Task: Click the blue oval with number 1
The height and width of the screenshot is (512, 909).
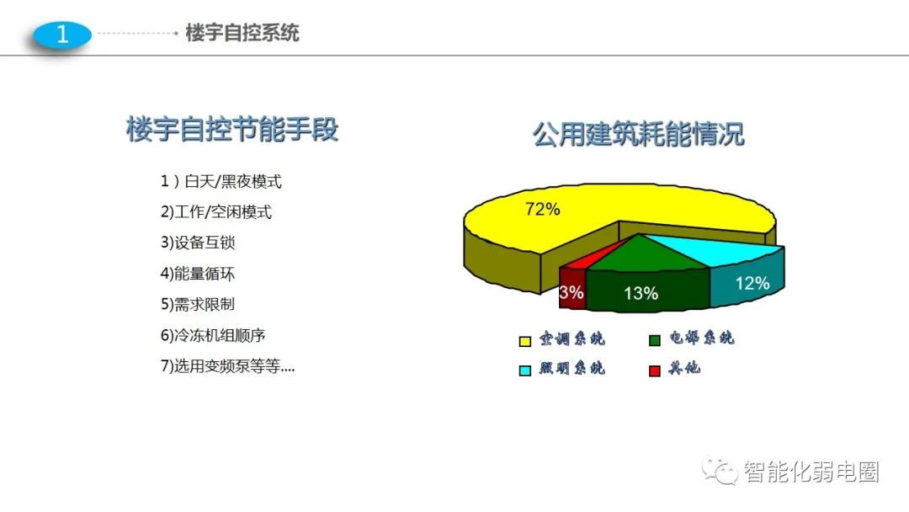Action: coord(62,35)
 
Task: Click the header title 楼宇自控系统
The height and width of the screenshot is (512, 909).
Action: coord(242,33)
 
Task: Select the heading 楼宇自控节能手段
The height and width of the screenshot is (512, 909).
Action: coord(232,129)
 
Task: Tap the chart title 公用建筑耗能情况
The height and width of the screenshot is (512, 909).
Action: coord(638,134)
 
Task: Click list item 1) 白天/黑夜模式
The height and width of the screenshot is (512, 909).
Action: coord(221,182)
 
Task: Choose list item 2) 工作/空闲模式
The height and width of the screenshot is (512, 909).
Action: coord(215,212)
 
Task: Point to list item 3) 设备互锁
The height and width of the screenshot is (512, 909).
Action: coord(198,243)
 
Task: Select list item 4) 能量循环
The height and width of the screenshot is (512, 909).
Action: coord(198,273)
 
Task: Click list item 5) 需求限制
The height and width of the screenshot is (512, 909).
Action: coord(198,304)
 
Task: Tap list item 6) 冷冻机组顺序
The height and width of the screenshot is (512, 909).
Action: coord(213,335)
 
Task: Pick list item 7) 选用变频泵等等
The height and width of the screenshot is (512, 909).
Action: coord(227,365)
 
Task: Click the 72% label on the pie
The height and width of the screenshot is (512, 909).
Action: coord(543,209)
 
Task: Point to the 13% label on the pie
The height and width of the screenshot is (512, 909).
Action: coord(641,293)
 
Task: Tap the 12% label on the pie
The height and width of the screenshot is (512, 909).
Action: coord(752,283)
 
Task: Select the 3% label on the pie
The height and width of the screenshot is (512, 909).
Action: coord(571,292)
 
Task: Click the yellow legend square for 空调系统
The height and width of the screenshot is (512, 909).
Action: coord(525,341)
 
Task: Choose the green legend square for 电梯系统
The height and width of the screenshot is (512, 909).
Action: coord(655,340)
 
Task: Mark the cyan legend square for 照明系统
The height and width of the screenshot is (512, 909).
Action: coord(525,371)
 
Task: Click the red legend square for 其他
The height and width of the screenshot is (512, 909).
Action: coord(655,371)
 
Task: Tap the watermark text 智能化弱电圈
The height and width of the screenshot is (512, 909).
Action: coord(811,472)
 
